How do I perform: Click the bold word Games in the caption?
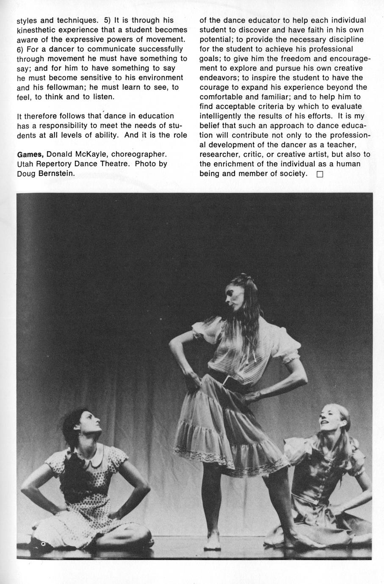pyautogui.click(x=30, y=154)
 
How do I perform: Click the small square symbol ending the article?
pyautogui.click(x=319, y=174)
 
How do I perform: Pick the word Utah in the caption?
pyautogui.click(x=26, y=163)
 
